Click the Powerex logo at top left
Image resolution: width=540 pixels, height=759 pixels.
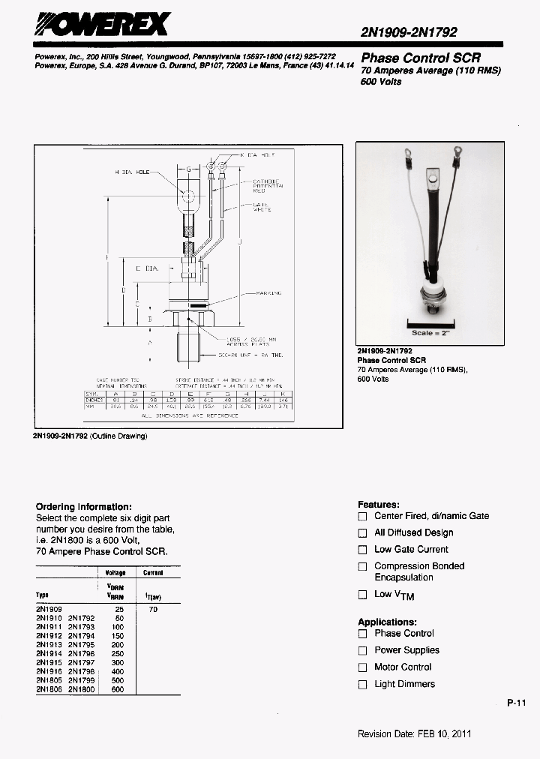(102, 27)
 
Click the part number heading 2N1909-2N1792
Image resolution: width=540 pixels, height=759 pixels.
(409, 32)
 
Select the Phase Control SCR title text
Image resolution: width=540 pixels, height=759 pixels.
(421, 58)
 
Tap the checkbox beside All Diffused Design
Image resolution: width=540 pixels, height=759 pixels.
(362, 533)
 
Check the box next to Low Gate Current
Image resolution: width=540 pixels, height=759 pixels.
(362, 550)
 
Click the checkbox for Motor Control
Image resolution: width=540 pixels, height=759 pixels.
(362, 667)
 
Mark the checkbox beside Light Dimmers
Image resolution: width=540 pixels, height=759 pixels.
(362, 685)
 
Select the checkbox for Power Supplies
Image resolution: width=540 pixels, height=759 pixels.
(362, 651)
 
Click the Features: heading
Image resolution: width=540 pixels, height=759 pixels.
(379, 505)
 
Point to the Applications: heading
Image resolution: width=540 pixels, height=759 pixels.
(387, 622)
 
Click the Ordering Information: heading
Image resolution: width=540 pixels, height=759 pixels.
(84, 507)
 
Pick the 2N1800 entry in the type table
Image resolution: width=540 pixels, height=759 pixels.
(81, 689)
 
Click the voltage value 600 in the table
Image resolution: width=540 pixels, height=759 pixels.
(117, 689)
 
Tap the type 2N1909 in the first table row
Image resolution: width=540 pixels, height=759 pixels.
(49, 609)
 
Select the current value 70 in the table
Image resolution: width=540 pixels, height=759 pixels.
(154, 609)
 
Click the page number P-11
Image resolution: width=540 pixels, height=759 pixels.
(517, 703)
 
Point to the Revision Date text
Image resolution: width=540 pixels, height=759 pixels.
(415, 733)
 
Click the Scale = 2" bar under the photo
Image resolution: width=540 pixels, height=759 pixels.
(430, 332)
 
